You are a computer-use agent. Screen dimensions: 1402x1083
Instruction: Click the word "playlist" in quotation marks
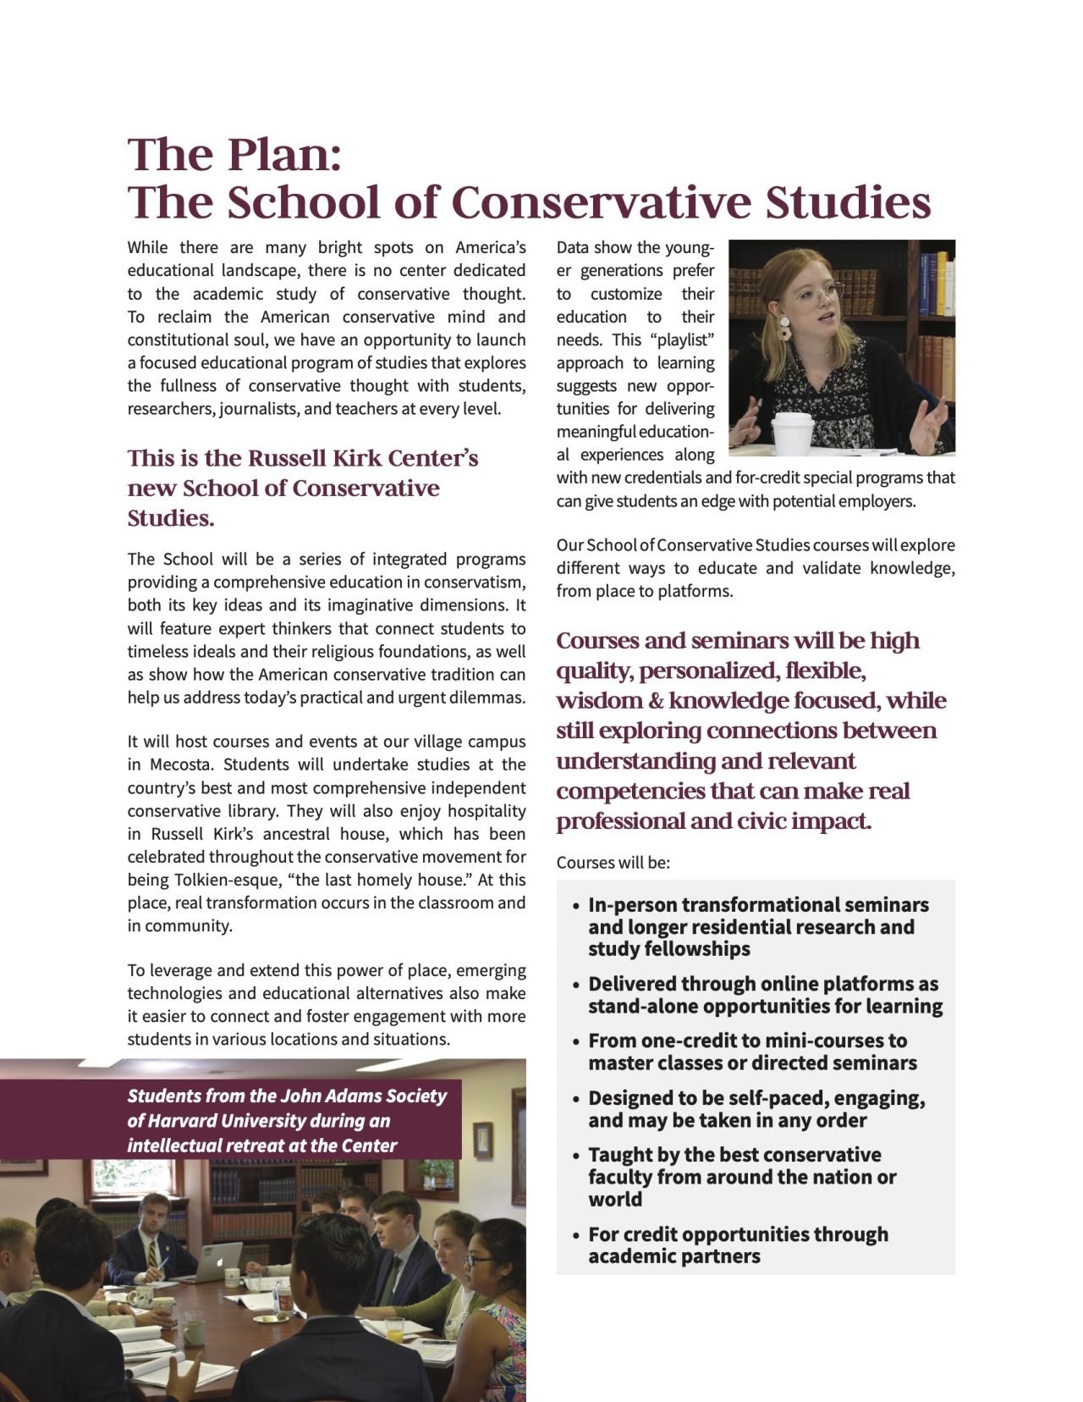coord(682,339)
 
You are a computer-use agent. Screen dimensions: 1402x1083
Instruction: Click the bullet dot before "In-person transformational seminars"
coord(576,906)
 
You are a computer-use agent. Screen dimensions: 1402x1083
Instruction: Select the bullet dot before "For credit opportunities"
coord(576,1235)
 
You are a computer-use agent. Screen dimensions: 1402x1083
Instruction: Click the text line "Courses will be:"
coord(613,863)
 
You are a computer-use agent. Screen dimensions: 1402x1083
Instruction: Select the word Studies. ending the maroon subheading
coord(171,518)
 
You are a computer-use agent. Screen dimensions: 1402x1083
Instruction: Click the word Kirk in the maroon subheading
coord(359,458)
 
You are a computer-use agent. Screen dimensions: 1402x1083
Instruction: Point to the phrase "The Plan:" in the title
coord(234,154)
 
